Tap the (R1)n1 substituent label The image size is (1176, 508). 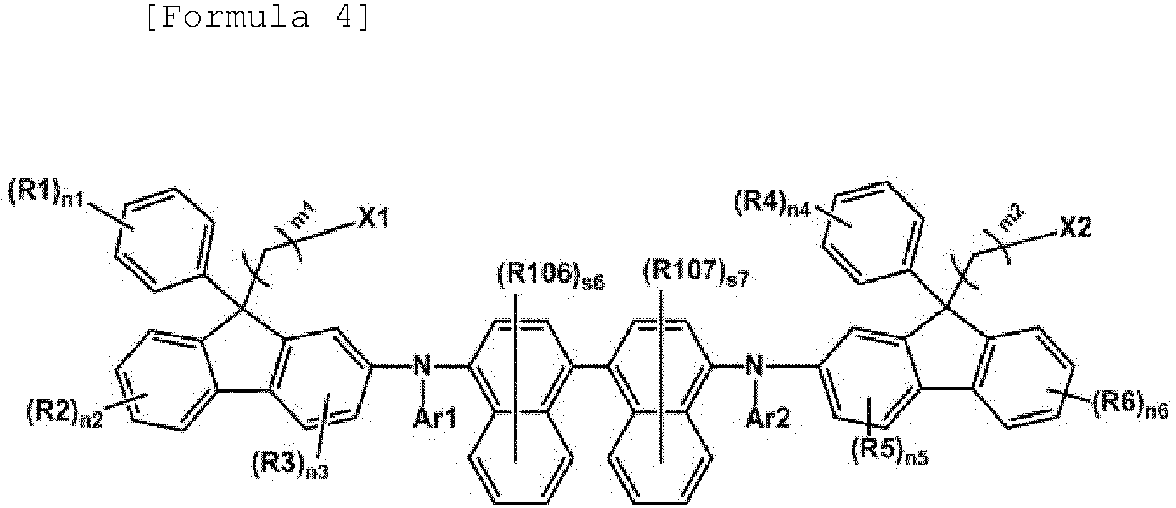(47, 196)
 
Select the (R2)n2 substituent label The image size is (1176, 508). (64, 413)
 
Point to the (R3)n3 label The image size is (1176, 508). (290, 464)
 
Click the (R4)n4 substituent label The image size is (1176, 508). (773, 203)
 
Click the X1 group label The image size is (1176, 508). (374, 217)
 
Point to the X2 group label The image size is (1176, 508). (1075, 228)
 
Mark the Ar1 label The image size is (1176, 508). (435, 418)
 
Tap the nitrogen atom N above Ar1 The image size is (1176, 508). (422, 365)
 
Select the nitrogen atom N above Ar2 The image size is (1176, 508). (754, 365)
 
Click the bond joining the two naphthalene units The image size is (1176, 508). (590, 365)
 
